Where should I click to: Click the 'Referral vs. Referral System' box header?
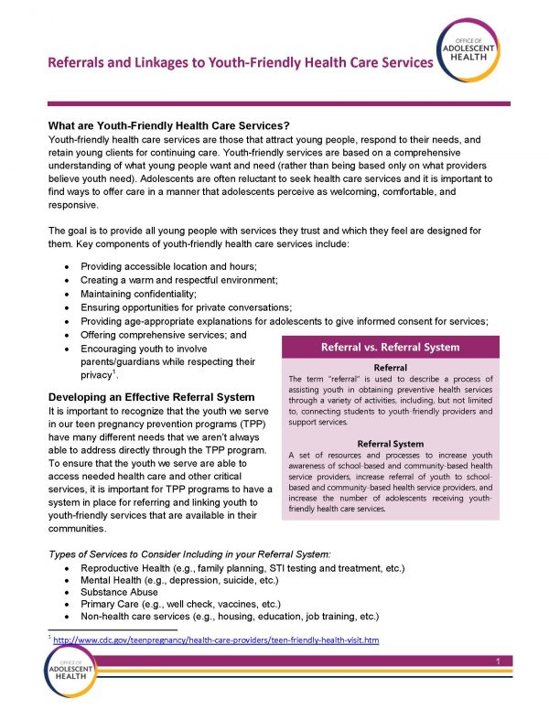tap(389, 347)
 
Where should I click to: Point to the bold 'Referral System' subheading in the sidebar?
tap(390, 444)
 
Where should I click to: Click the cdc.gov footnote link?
tap(216, 640)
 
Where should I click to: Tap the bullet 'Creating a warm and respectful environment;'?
tap(179, 278)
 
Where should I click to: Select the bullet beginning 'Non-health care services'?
tap(224, 618)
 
